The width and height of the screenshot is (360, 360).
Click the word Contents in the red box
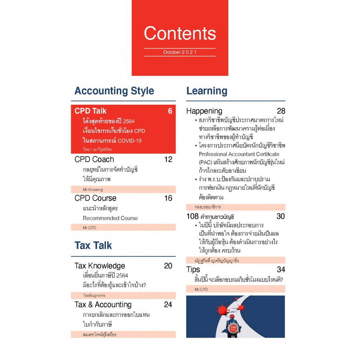pos(180,33)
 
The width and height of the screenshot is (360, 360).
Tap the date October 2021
pos(180,52)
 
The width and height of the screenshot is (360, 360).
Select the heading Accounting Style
pos(114,91)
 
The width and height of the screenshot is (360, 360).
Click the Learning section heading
pos(207,91)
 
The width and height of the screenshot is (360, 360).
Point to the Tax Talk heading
pos(93,246)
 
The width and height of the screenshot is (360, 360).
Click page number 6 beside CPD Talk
pos(170,111)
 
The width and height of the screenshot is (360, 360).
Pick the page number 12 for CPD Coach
pos(168,159)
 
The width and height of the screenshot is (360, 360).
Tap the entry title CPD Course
pos(95,198)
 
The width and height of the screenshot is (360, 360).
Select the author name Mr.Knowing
pos(93,189)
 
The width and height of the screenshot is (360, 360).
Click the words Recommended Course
pos(110,218)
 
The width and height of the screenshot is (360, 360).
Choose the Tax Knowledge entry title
pos(100,266)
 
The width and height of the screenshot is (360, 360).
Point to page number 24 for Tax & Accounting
pos(168,305)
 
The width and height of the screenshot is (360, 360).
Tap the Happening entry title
pos(204,111)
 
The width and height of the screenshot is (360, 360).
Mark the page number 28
pos(281,111)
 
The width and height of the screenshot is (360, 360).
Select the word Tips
pos(193,269)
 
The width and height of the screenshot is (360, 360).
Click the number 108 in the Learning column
pos(193,216)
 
